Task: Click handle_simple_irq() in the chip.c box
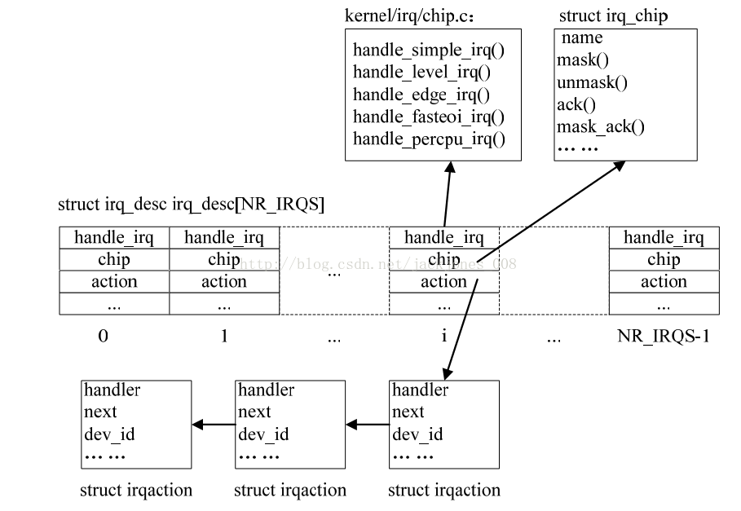(x=429, y=51)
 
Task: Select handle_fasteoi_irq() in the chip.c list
(x=429, y=117)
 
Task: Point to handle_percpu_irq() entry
(x=429, y=139)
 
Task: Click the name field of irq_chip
(x=582, y=38)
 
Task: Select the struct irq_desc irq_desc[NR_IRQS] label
(x=191, y=205)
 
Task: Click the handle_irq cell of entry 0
(x=114, y=238)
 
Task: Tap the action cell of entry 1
(x=224, y=282)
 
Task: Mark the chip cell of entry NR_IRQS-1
(x=664, y=260)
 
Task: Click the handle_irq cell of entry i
(x=444, y=238)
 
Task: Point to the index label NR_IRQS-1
(x=663, y=336)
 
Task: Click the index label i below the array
(x=444, y=336)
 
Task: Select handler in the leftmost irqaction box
(x=112, y=390)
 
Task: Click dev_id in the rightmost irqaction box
(x=417, y=434)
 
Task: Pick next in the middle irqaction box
(x=254, y=412)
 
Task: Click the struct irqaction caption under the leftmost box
(x=136, y=491)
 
